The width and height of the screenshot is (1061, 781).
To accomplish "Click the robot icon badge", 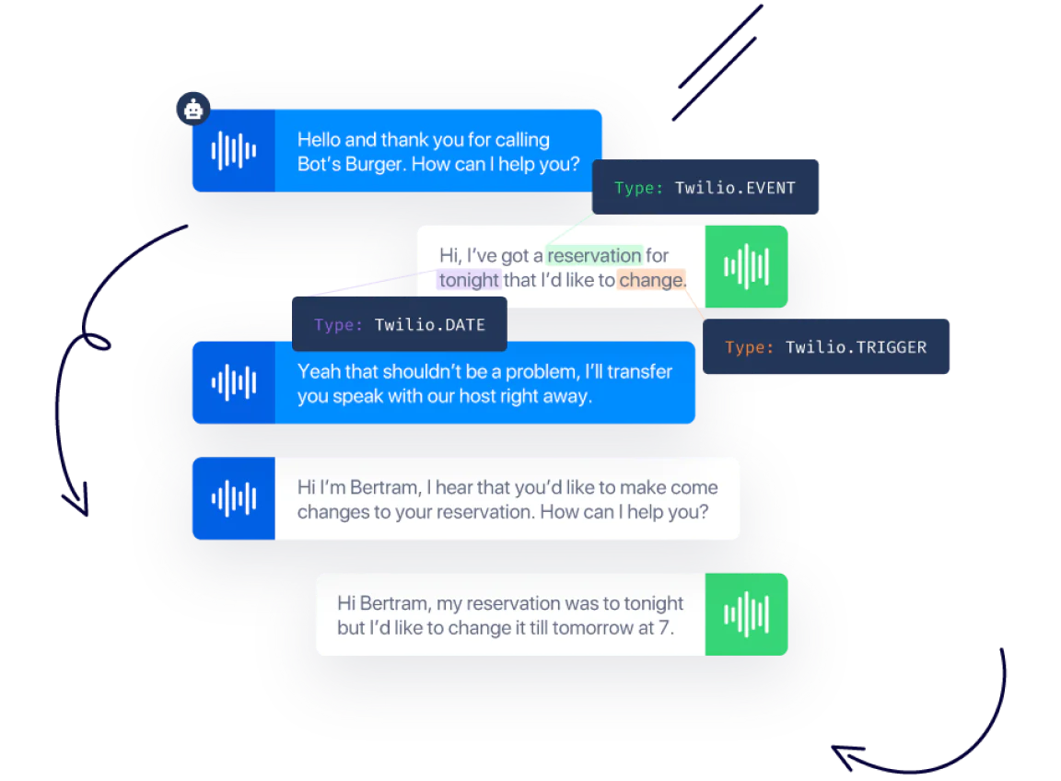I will pos(193,110).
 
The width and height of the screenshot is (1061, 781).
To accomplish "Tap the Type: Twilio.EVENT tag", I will pos(705,188).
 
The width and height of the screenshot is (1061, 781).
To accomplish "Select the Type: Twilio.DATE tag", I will pos(399,325).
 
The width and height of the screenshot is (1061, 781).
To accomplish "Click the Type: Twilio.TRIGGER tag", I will pos(825,347).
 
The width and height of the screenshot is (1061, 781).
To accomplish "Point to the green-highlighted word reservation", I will pos(594,255).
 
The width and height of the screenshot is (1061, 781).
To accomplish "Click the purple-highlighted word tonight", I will pos(469,280).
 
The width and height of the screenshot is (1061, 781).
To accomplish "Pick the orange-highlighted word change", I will pos(651,280).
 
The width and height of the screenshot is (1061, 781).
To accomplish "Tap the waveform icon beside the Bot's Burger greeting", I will pos(233,151).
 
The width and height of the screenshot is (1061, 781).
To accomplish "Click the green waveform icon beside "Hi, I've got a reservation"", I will pos(746,267).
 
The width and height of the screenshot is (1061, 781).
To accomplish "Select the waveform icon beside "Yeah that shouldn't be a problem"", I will pos(233,383).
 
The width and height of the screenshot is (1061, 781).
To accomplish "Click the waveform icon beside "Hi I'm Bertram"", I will pos(233,499).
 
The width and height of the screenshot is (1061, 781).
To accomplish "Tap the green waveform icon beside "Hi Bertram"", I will pos(746,614).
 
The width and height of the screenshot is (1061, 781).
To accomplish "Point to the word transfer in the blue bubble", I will pos(638,372).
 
